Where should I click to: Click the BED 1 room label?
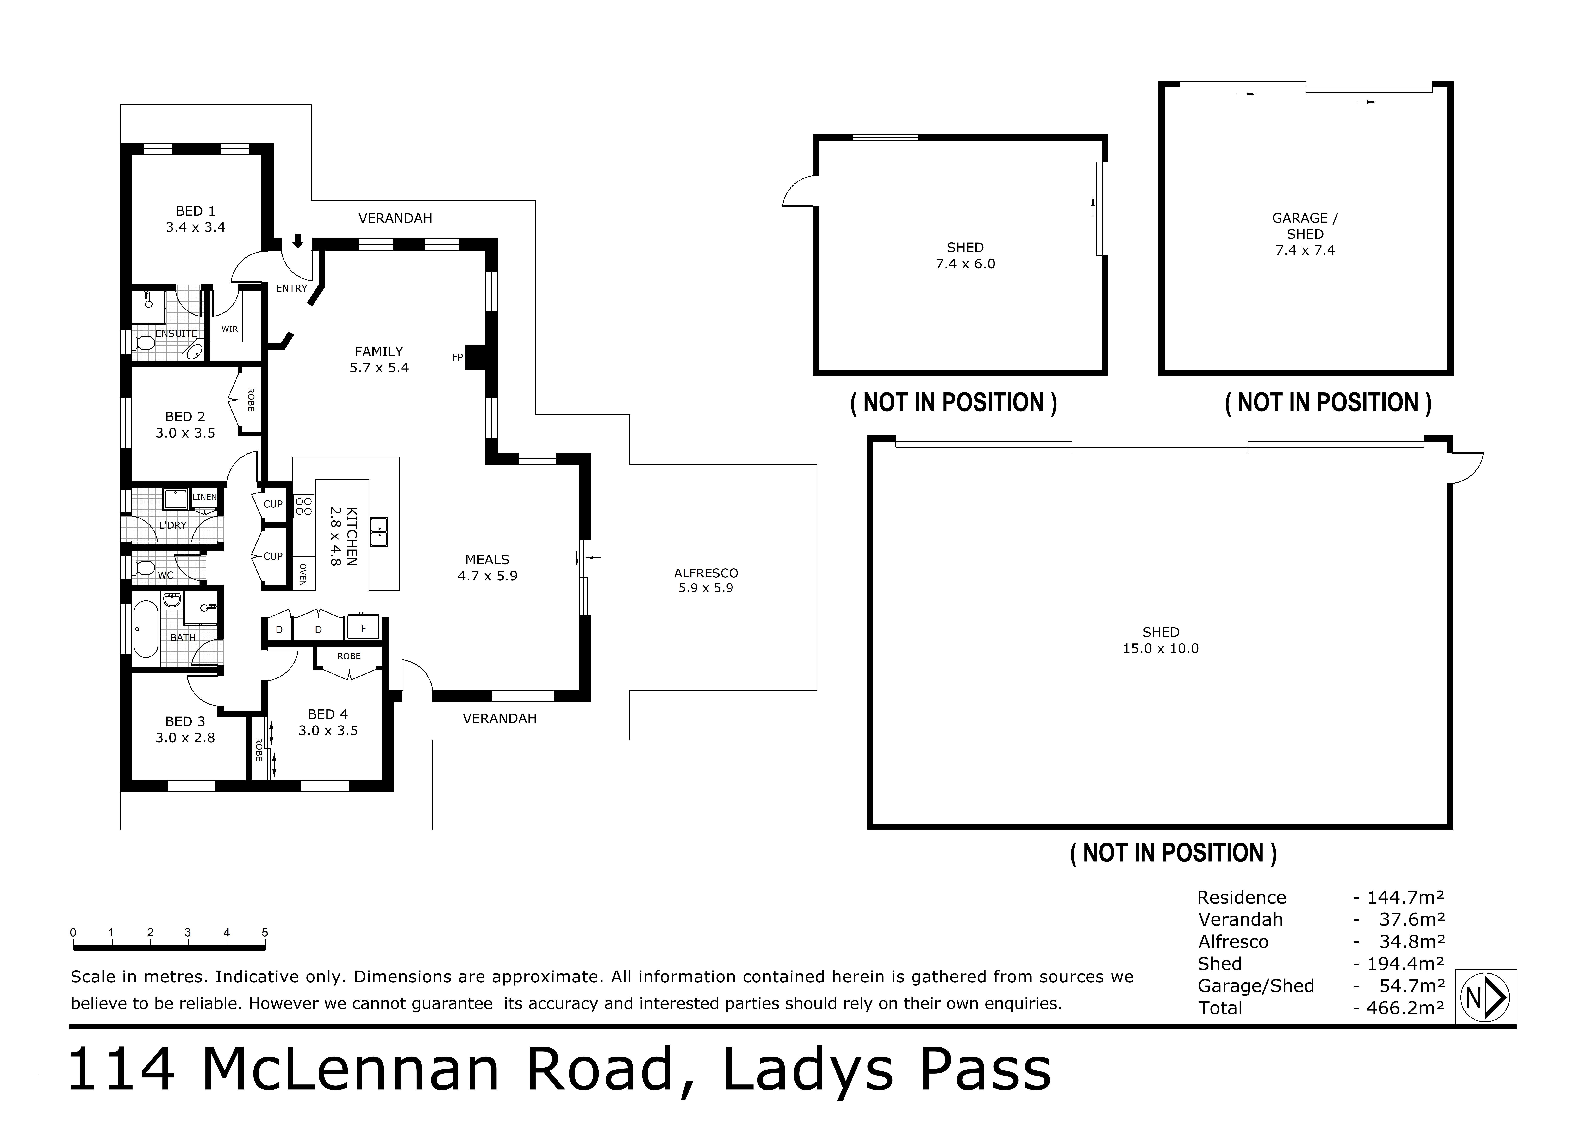tap(196, 218)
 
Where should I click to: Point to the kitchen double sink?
tap(379, 532)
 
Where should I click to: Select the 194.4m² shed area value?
tap(1398, 964)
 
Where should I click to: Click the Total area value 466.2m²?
tap(1398, 1008)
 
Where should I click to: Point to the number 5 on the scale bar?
tap(265, 932)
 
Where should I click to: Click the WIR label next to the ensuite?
tap(229, 329)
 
